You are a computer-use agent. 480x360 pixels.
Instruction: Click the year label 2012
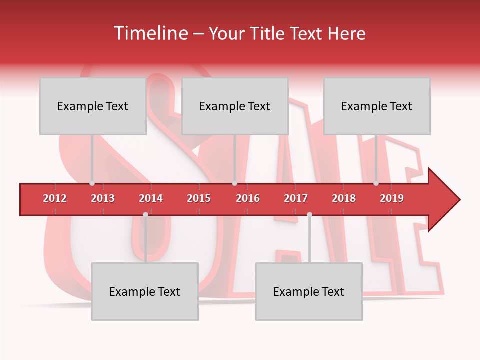coord(55,198)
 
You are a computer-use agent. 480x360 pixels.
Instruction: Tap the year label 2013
coord(103,198)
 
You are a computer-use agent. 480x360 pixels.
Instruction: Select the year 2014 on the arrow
coord(151,198)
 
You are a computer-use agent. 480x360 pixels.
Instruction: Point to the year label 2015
coord(199,198)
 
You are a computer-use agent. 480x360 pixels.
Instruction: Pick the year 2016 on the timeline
coord(248,198)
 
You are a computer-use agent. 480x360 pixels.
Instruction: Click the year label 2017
coord(296,198)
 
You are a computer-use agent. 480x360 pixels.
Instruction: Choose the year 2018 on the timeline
coord(344,198)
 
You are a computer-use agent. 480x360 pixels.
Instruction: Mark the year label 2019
coord(392,198)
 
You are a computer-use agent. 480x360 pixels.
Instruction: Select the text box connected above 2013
coord(93,106)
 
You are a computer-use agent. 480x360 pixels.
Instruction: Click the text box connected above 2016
coord(235,106)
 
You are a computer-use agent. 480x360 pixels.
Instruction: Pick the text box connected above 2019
coord(377,106)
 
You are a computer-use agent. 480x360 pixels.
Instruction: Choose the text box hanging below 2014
coord(145,291)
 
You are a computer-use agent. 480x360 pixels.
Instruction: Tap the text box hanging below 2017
coord(309,291)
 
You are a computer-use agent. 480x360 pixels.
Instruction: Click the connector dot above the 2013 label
coord(92,183)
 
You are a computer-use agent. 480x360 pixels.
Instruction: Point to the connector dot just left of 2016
coord(234,183)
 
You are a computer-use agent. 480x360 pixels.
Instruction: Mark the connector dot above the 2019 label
coord(376,183)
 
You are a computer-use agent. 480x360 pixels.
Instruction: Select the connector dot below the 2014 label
coord(145,215)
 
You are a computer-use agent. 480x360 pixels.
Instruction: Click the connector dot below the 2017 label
coord(309,215)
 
